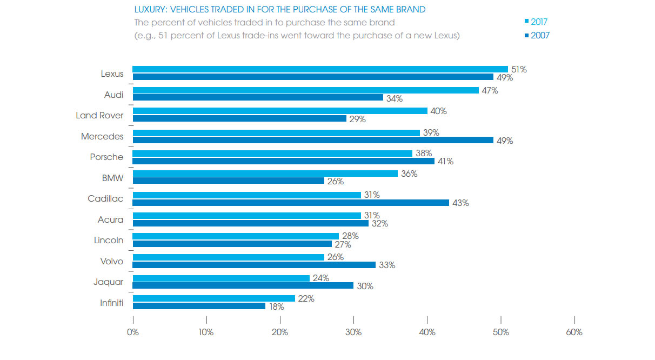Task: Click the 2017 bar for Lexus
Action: tap(320, 69)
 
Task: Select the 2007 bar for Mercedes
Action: tap(313, 140)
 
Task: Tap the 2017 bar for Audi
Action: tap(305, 90)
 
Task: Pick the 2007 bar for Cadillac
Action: tap(291, 203)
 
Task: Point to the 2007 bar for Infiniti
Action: tap(199, 306)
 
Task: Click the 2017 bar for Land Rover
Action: tap(279, 111)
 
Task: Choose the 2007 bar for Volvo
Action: tap(254, 265)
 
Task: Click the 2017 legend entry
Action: tap(536, 22)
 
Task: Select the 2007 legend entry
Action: tap(536, 36)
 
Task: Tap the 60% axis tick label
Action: tap(574, 332)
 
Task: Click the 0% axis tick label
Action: tap(133, 332)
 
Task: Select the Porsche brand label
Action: tap(106, 157)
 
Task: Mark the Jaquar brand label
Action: tap(109, 282)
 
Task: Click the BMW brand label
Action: tap(113, 178)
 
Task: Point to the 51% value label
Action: tap(519, 69)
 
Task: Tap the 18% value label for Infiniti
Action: tap(276, 306)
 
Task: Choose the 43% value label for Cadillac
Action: tap(460, 203)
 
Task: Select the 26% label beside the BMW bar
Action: tap(335, 182)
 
